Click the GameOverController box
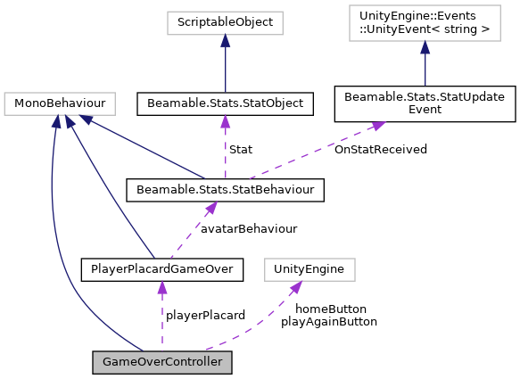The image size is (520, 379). tap(162, 362)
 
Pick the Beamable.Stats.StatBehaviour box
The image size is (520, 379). tap(225, 189)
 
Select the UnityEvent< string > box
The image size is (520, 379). tap(425, 21)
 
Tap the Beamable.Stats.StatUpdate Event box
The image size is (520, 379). tap(425, 104)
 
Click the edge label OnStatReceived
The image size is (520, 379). tap(380, 149)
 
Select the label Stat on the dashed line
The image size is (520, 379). tap(240, 149)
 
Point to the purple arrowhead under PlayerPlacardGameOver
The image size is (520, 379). tap(161, 286)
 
